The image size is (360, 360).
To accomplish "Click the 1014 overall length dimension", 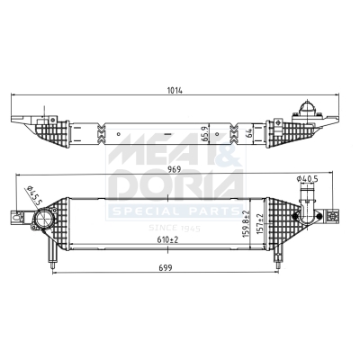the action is pos(175,90).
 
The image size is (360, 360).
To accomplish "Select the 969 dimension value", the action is pos(174,169).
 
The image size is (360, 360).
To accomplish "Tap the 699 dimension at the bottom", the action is pos(166,267).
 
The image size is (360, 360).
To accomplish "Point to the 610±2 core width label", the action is pos(167,239).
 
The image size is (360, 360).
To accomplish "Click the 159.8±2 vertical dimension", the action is pos(246,224).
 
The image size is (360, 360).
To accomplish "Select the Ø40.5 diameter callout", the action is pos(307,179).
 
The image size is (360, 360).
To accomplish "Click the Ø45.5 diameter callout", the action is pos(33,195).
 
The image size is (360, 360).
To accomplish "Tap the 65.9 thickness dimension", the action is pos(205,135).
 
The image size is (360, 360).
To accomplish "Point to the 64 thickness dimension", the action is pos(248,133).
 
